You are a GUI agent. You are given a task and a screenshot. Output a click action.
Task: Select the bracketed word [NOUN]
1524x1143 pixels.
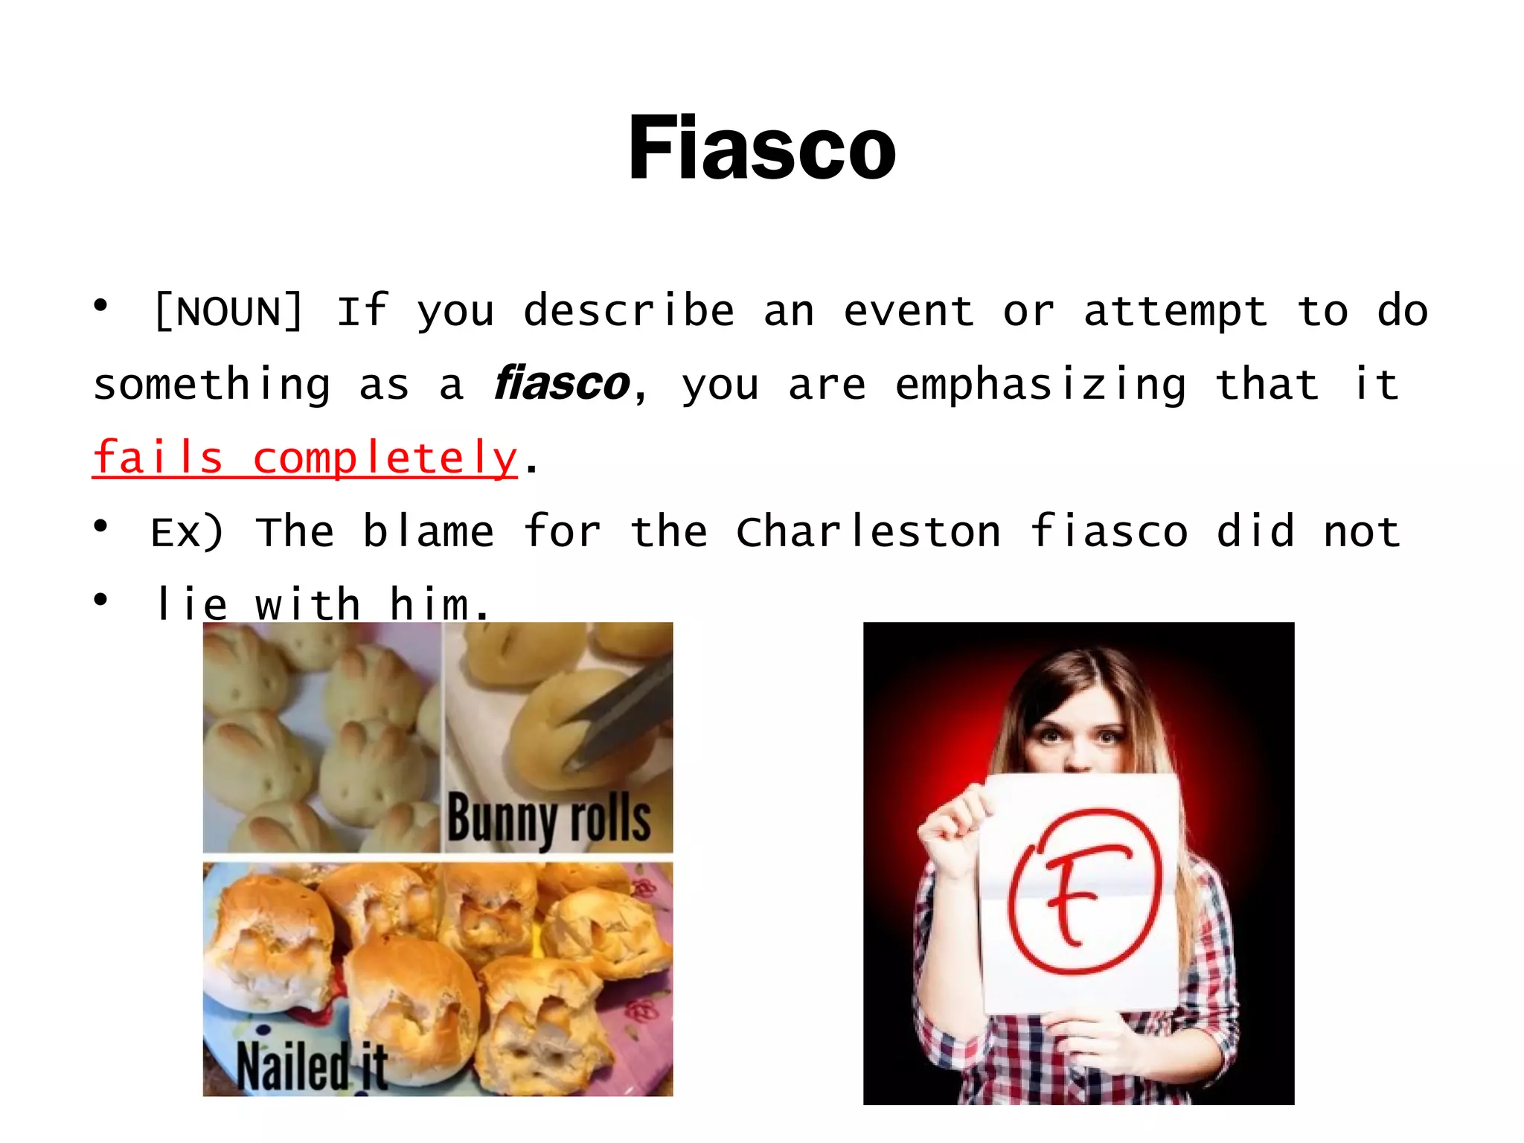(x=228, y=311)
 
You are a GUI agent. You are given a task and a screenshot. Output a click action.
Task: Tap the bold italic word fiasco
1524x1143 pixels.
(x=562, y=384)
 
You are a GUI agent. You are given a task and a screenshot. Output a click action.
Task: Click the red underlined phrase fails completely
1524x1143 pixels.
(x=304, y=457)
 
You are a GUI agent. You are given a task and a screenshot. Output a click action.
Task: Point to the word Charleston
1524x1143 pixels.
(x=868, y=531)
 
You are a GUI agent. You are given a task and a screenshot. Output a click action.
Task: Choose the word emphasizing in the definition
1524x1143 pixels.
(x=1040, y=384)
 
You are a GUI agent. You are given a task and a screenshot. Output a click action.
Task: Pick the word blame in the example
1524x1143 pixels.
(x=429, y=531)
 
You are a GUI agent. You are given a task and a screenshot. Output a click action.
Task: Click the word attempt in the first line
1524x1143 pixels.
(x=1175, y=311)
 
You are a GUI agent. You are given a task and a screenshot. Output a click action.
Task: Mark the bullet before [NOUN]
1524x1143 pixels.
(x=101, y=305)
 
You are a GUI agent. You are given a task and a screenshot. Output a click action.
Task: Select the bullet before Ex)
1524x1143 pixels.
(x=101, y=526)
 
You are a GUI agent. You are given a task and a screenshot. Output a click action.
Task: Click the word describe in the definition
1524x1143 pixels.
(x=629, y=311)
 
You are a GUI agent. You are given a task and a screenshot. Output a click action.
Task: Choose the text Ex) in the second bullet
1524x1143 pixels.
(x=186, y=531)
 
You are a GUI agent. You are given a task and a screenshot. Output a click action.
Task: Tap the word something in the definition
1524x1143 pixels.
(x=211, y=384)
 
